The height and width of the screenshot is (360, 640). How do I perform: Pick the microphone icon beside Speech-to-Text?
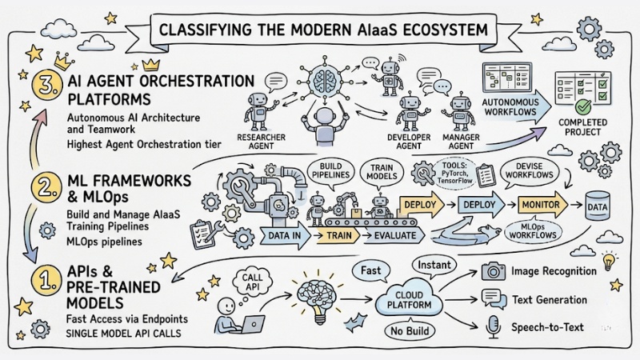point(494,325)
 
